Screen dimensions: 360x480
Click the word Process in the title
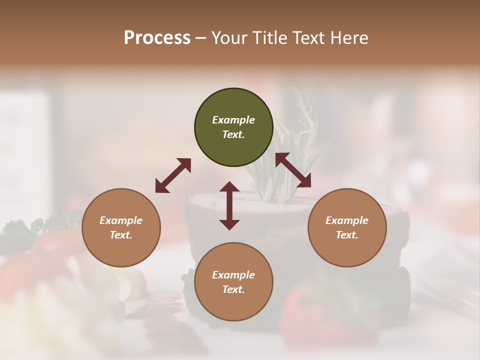point(157,38)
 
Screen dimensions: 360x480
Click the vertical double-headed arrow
point(229,205)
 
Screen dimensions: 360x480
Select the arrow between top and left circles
point(173,175)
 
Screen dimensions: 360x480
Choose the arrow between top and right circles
point(293,170)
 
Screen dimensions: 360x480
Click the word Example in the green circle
point(233,120)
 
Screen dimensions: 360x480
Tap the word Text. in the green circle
point(233,134)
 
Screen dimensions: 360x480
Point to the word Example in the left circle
point(121,220)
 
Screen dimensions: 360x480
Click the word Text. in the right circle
point(347,235)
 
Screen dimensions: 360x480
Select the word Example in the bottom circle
point(233,275)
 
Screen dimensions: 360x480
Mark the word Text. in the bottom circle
point(233,289)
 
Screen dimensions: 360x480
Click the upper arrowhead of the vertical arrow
point(229,186)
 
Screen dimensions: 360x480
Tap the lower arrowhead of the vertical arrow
point(229,224)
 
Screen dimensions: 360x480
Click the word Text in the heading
point(308,38)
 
